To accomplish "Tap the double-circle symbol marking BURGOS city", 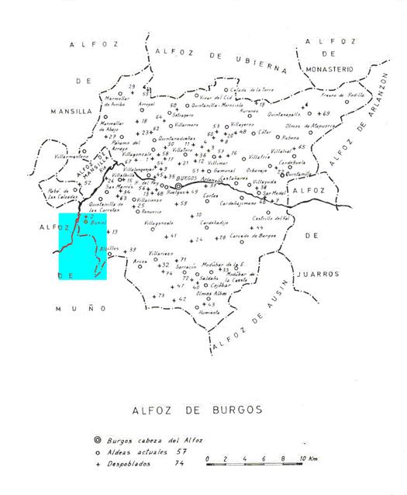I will [178, 186].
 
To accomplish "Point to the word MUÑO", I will [75, 308].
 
